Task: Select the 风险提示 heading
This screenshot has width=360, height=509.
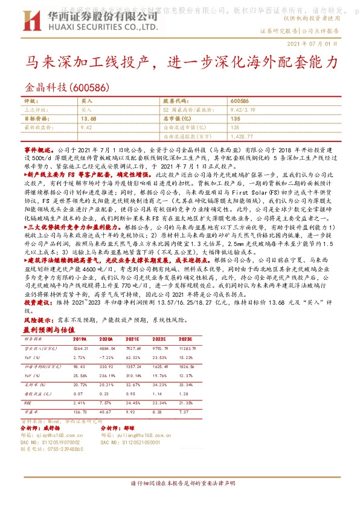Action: tap(36, 317)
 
